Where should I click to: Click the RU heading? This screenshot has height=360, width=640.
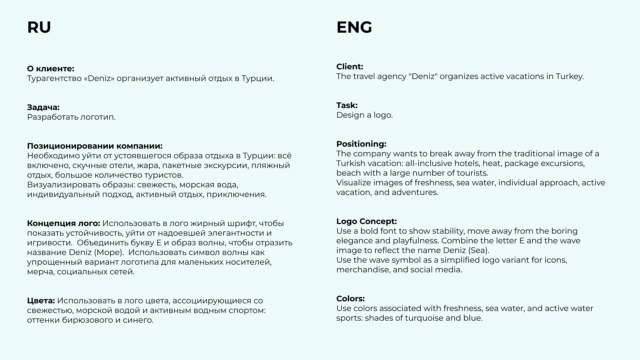point(39,27)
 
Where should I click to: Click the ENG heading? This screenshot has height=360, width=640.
point(354,27)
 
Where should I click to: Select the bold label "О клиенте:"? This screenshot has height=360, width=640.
point(51,69)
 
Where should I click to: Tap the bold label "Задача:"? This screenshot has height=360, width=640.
point(43,107)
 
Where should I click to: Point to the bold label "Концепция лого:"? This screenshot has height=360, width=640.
point(63,223)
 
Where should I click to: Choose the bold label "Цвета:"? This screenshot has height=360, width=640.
point(41,301)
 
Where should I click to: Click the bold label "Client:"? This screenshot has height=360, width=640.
point(350,67)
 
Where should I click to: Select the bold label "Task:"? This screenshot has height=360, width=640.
point(347,105)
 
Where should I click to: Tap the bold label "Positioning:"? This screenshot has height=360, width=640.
point(361,144)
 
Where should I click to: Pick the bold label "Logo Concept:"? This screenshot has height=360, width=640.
point(366,221)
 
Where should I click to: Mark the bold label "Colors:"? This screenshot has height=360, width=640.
point(350,299)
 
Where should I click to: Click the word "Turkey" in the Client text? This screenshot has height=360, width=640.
point(569,76)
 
